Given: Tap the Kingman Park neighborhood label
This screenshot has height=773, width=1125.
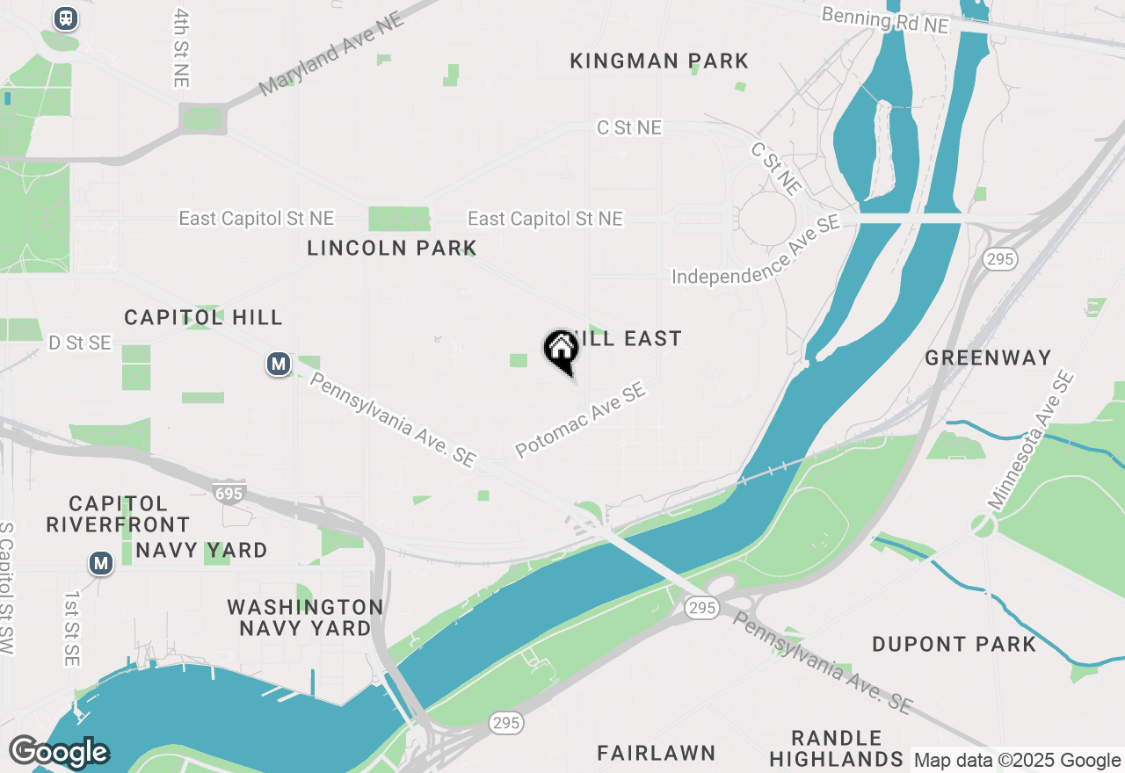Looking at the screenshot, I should [659, 61].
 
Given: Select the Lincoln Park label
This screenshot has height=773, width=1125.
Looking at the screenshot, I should [392, 248].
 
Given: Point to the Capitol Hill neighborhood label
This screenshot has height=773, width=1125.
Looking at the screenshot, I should [203, 317].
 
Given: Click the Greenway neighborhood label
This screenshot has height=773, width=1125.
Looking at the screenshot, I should [988, 358].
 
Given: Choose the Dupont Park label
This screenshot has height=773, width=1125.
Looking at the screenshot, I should [954, 644].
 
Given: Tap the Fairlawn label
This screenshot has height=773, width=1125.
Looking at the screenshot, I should [657, 753].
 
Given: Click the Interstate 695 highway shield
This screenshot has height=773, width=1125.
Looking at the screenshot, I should [229, 493].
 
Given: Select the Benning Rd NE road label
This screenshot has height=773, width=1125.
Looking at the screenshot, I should [885, 20].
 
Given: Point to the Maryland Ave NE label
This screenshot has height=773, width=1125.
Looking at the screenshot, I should [332, 54].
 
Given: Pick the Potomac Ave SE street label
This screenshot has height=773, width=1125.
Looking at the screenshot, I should [581, 419].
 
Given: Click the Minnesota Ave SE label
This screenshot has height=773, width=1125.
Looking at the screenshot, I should [1030, 442].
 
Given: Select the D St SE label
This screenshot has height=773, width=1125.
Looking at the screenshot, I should [80, 343].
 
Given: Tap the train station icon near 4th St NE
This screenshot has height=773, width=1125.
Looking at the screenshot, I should [65, 18].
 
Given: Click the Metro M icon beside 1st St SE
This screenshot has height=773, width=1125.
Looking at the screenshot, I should [101, 562].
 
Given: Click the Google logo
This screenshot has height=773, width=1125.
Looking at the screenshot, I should [59, 752].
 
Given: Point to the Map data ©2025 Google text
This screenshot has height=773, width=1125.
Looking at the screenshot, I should [1017, 761].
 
